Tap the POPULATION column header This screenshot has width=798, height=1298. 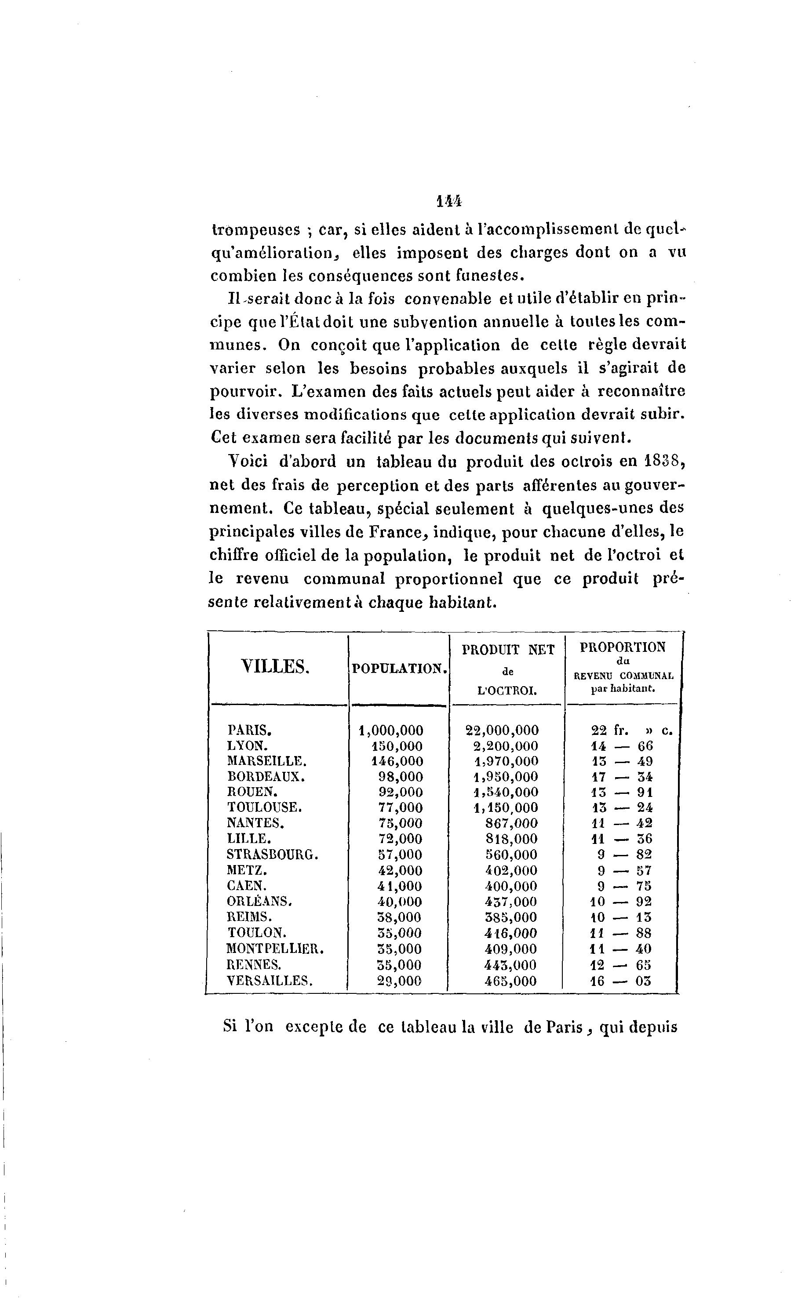[x=400, y=669]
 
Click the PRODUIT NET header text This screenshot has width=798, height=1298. [x=508, y=650]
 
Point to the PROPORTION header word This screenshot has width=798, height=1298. [x=623, y=647]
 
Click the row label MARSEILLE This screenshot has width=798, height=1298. [x=266, y=761]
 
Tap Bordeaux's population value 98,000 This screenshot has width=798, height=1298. [x=401, y=777]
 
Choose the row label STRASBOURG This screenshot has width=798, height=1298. [x=272, y=854]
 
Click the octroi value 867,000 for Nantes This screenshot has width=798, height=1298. [x=511, y=823]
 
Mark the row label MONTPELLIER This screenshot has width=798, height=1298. [x=275, y=948]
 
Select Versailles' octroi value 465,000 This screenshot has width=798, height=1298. [x=510, y=981]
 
